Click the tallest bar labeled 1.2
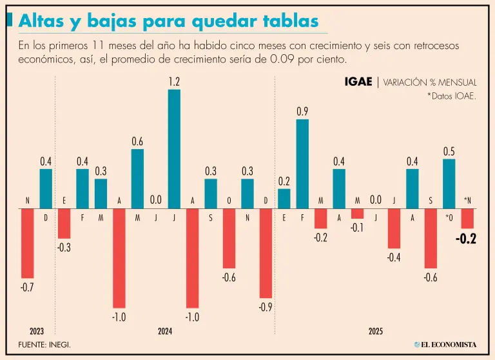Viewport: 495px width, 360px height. [x=174, y=149]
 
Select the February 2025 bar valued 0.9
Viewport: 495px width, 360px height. [x=302, y=165]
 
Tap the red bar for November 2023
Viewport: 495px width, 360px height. [x=27, y=243]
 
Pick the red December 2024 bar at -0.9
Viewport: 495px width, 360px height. [x=266, y=254]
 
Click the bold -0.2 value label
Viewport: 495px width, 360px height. [x=465, y=239]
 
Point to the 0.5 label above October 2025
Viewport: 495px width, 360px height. [x=449, y=152]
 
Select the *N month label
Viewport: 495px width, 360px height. [x=467, y=201]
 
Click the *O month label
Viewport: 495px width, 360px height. [x=449, y=218]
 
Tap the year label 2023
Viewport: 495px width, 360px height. [x=27, y=331]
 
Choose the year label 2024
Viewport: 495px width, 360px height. [x=165, y=331]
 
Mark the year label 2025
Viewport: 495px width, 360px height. [x=376, y=331]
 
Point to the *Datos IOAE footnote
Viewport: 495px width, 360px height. [x=451, y=96]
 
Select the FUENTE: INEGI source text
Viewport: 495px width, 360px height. [x=44, y=345]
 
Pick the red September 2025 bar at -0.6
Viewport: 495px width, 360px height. [x=431, y=239]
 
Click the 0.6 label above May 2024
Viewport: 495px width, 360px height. [x=137, y=142]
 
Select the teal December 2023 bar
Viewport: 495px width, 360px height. [x=46, y=189]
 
